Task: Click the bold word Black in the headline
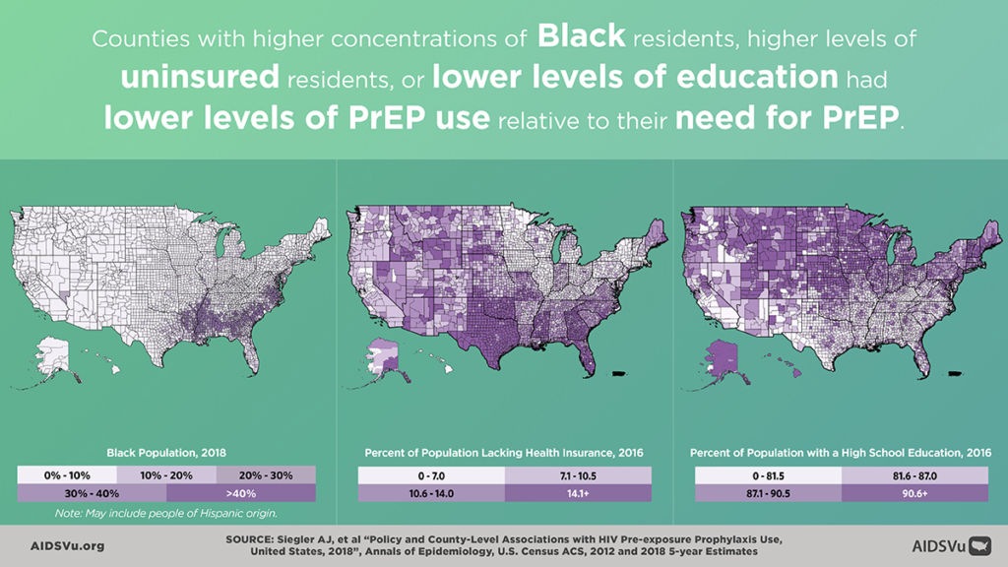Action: [x=582, y=37]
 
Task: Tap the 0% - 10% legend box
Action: [x=67, y=475]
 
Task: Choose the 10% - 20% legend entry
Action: [x=166, y=475]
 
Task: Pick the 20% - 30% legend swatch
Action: [x=266, y=475]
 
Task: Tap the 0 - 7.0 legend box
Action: [x=430, y=475]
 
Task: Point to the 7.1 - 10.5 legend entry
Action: [x=578, y=475]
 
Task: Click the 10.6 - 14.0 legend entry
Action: [x=430, y=493]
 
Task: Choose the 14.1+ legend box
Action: [x=578, y=493]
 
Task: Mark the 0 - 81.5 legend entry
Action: [x=767, y=475]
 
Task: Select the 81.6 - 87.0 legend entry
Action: [x=914, y=475]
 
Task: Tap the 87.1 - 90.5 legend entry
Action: [x=767, y=493]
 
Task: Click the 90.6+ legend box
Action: [x=914, y=493]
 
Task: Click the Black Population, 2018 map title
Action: [x=166, y=453]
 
